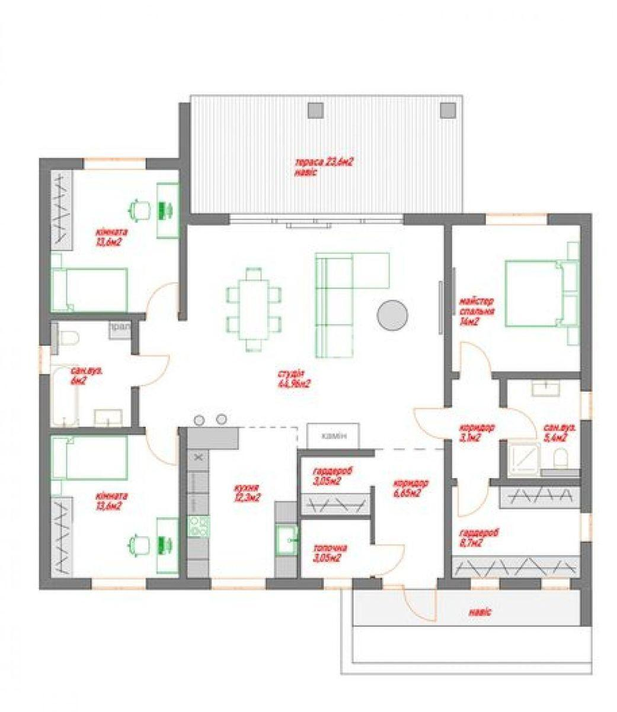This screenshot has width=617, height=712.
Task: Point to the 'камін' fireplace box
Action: click(x=333, y=436)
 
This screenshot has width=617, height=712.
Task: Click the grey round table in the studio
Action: click(x=392, y=314)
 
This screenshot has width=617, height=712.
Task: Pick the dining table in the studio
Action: click(x=254, y=309)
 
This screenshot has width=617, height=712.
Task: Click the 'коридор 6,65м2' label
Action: click(x=410, y=488)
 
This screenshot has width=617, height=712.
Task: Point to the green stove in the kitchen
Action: click(x=198, y=526)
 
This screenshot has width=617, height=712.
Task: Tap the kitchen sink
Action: click(x=287, y=540)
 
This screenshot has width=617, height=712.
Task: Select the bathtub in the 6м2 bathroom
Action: click(x=63, y=396)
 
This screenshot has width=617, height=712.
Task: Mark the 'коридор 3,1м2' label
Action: click(x=477, y=432)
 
